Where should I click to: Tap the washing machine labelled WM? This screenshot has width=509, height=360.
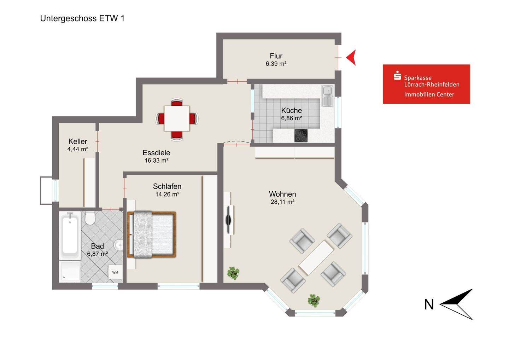(115, 272)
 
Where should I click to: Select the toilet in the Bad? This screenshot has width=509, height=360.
(90, 218)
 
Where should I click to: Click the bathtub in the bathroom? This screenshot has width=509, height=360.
(70, 236)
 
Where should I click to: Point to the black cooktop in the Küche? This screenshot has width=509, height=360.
(301, 136)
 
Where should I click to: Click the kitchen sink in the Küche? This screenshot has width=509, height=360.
(327, 96)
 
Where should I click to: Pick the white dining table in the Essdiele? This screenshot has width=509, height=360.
(177, 118)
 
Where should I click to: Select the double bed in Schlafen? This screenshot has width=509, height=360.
(152, 234)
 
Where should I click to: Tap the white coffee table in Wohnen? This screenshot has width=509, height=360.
(316, 257)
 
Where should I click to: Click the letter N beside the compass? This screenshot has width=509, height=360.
(429, 304)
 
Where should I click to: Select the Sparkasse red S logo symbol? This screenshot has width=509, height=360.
(397, 75)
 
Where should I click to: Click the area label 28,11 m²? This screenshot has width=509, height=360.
(282, 202)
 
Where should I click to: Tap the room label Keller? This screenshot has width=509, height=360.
(78, 141)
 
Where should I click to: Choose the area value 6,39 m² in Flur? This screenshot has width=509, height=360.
(276, 64)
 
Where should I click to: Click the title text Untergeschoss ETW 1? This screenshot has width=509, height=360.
(82, 18)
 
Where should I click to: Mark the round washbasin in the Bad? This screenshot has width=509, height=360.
(118, 245)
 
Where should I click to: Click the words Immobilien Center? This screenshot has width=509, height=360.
(429, 94)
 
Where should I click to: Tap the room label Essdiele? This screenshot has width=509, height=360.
(156, 152)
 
